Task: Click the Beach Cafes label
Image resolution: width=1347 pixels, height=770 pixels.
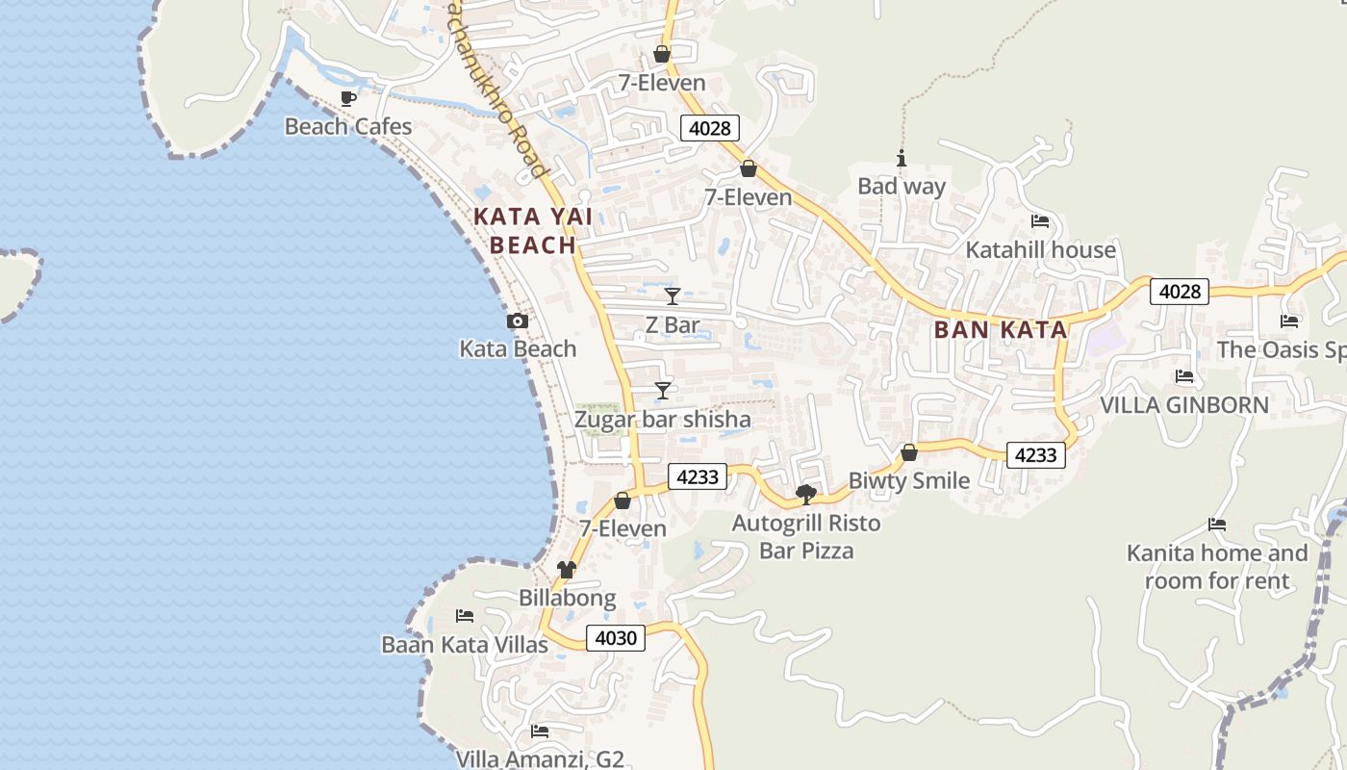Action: point(347,126)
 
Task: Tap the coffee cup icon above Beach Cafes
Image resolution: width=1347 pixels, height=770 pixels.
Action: point(348,98)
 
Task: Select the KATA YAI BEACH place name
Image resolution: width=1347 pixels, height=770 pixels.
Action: point(533,231)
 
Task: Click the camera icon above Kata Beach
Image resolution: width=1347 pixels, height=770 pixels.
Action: point(518,321)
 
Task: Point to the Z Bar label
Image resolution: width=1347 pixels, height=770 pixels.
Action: point(672,325)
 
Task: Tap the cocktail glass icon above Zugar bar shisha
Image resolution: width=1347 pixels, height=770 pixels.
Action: point(663,390)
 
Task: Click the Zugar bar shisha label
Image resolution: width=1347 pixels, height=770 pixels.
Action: point(662,420)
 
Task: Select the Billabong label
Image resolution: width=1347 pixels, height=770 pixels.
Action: point(567,598)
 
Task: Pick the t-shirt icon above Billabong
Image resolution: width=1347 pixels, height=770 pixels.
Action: point(567,570)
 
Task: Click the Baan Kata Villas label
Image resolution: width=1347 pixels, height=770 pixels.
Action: point(465,645)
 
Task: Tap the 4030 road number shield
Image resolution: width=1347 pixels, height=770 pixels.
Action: point(616,638)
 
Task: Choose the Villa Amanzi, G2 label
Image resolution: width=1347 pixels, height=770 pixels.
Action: point(540,758)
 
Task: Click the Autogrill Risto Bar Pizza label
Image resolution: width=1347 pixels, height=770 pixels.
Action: point(806,537)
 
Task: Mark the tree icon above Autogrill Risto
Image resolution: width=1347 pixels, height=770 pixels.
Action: point(806,495)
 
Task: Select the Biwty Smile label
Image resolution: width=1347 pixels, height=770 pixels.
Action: point(908,480)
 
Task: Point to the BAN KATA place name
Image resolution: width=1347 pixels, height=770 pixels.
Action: point(1001,330)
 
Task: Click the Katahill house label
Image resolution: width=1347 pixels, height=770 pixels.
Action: point(1040,250)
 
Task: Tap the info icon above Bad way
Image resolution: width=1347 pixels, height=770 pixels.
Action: point(902,159)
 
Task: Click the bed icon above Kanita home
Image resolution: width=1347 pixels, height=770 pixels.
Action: point(1217,525)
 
